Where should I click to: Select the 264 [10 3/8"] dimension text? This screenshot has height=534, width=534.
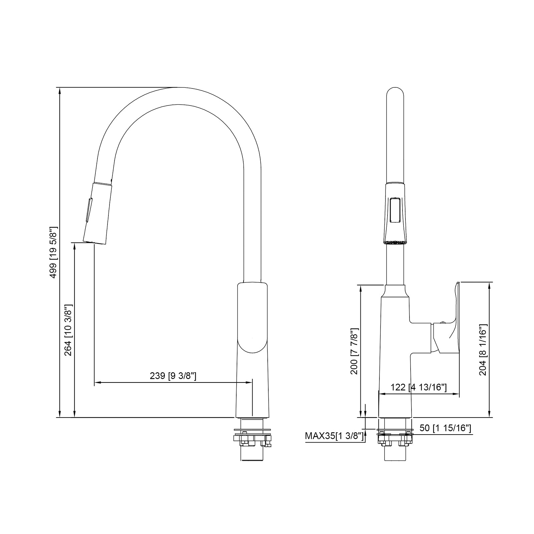[68, 330]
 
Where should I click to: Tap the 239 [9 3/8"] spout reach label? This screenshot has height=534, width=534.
[173, 376]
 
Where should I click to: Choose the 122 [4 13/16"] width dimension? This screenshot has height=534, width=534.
[419, 387]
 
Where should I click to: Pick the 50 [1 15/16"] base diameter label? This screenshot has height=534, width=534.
[445, 428]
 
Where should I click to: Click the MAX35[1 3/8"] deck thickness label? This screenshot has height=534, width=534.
[334, 436]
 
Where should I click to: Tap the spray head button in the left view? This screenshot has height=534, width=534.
[88, 210]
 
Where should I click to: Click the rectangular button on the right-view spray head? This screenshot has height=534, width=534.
[395, 210]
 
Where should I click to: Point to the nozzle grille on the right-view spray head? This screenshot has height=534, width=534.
[395, 243]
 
